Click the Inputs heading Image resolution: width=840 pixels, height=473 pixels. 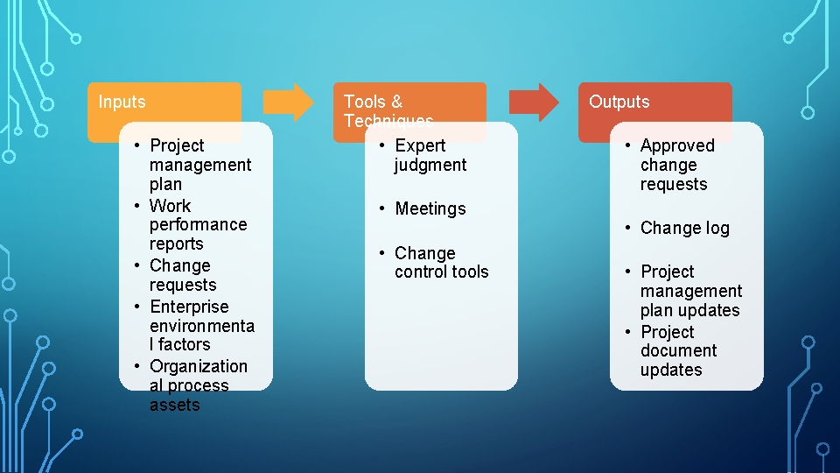pos(122,102)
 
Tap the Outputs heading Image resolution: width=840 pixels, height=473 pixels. pos(619,102)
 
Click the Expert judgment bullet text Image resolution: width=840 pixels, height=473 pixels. pos(430,155)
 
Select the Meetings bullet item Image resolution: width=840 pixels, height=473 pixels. pos(430,208)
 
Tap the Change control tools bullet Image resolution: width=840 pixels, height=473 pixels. pos(441,262)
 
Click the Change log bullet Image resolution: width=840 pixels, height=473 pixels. pos(684,228)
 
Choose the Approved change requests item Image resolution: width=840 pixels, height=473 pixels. pos(677,165)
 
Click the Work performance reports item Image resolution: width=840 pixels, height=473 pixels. pos(198,224)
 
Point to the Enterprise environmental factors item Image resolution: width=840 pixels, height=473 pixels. pos(201,325)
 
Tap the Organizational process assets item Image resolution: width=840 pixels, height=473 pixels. pos(198,385)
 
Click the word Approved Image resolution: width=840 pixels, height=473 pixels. pos(677,145)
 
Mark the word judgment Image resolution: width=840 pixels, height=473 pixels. pos(430,165)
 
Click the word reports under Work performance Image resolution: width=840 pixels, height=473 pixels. pos(176,244)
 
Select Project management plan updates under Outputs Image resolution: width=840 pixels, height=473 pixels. pos(690,291)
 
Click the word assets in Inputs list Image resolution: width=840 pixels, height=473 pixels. pos(174,405)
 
